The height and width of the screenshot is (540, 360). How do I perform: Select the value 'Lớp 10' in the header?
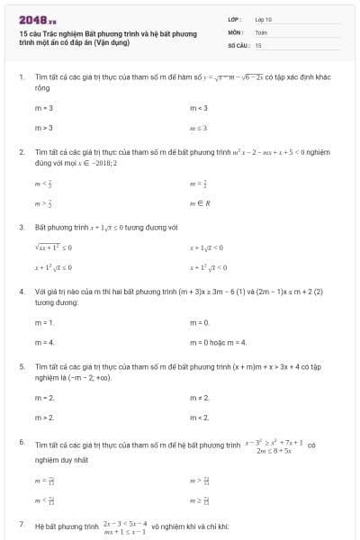pos(263,19)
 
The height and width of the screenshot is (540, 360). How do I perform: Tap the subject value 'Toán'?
pos(261,31)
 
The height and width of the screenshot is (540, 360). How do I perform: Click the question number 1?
pos(21,77)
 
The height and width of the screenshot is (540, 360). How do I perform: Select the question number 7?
pos(21,524)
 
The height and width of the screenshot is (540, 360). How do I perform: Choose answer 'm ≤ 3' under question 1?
pos(198,128)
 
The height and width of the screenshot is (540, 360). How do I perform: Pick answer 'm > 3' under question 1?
pos(43,128)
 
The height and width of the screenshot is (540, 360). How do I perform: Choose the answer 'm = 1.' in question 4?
pos(44,321)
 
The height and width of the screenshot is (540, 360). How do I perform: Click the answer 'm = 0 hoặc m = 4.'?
pos(218,342)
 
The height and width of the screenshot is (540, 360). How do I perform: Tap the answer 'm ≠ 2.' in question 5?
pos(199,397)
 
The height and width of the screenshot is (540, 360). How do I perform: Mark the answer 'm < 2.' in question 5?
pos(199,418)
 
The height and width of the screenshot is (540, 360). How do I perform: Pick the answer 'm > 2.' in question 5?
pos(44,418)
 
